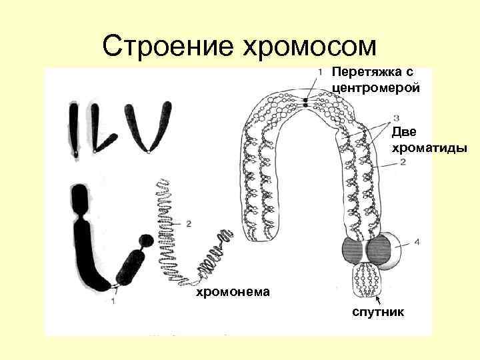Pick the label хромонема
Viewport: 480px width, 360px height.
point(232,291)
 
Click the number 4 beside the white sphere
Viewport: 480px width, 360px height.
point(417,243)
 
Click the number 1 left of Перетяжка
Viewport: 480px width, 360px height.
point(321,72)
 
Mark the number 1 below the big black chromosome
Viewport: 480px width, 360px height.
point(113,301)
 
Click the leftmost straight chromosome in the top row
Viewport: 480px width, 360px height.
point(73,131)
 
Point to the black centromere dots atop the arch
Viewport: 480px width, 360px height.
point(305,101)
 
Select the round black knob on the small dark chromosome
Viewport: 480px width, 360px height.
point(145,240)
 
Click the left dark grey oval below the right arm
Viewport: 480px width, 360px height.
point(351,251)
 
